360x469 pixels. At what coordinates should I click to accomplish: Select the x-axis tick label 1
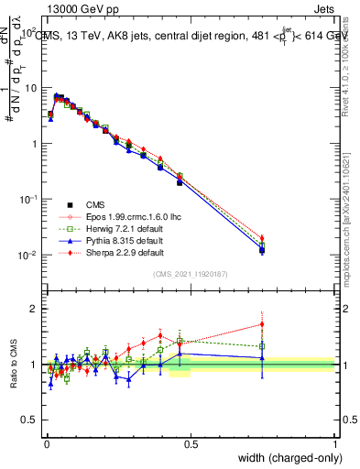(x=335, y=444)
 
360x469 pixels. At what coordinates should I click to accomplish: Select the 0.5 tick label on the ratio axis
(x=29, y=420)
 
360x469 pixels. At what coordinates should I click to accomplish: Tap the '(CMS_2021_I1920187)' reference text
(x=190, y=273)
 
